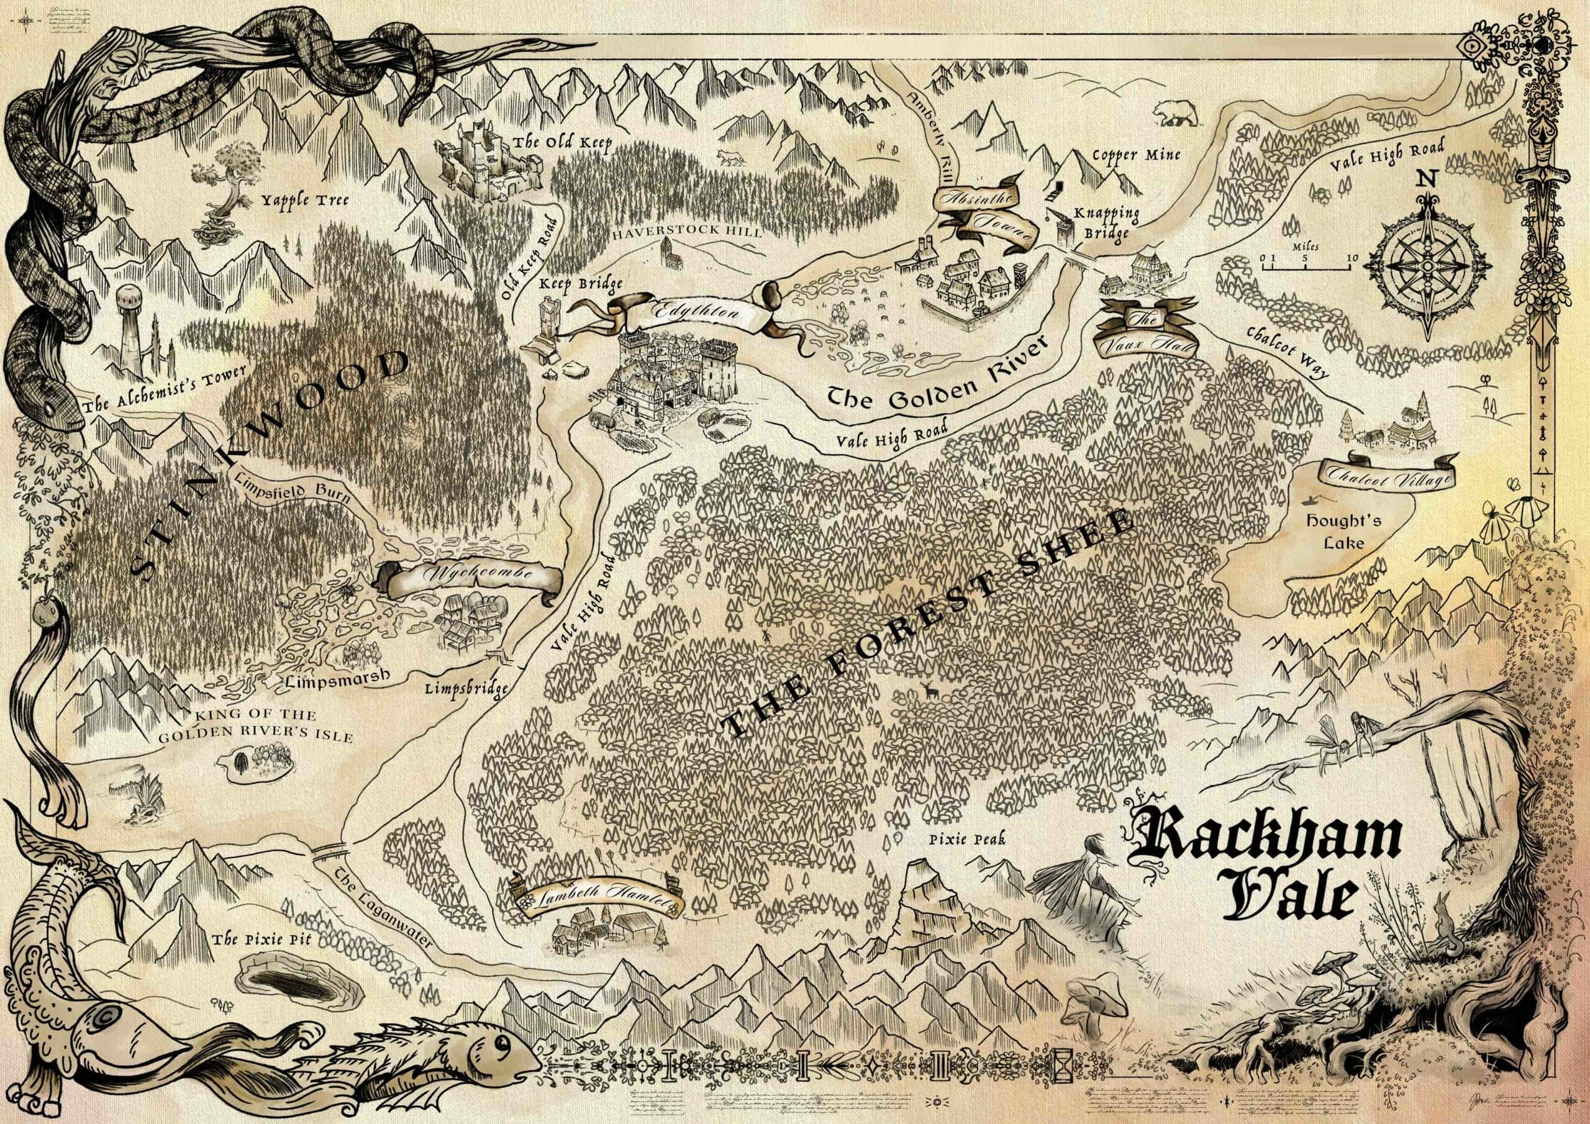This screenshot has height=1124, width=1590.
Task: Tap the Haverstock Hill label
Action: (x=687, y=233)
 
